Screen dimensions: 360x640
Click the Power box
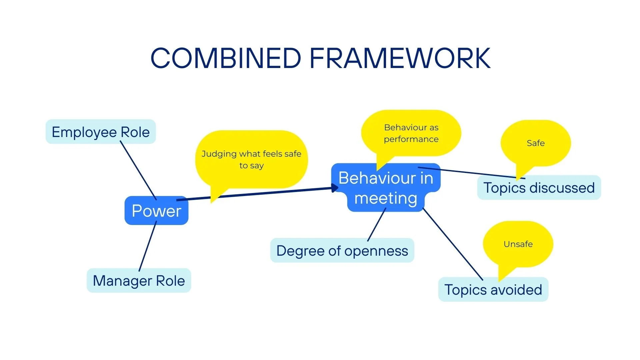[156, 211]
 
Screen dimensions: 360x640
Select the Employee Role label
[101, 132]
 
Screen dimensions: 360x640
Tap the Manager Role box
[139, 281]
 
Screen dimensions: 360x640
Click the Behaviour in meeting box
[386, 187]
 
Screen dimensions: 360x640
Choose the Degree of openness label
[342, 251]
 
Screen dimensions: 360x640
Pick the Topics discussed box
[539, 188]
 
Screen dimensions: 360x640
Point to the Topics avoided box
[493, 290]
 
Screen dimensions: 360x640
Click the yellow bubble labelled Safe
[536, 143]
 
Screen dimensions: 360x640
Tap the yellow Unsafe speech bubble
[518, 244]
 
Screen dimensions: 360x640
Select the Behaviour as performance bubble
[411, 133]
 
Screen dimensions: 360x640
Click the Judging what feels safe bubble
[251, 159]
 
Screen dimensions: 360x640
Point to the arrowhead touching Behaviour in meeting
[335, 188]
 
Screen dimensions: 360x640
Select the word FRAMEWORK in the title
[400, 58]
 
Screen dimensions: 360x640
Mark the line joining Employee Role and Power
[138, 170]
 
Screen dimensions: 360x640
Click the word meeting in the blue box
[386, 199]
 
